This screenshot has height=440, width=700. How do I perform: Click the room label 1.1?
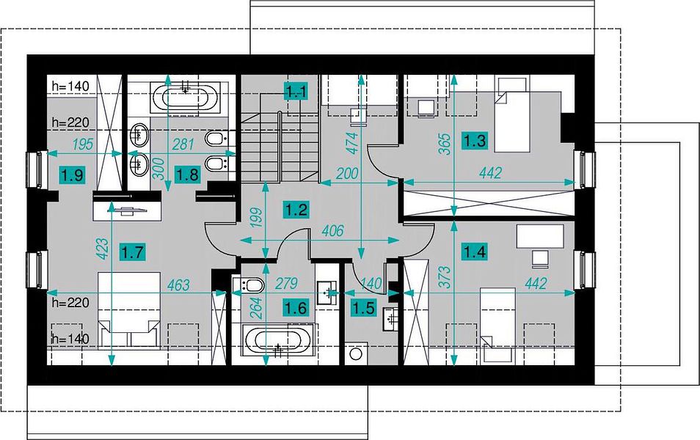(x=297, y=92)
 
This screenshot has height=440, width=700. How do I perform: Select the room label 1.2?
(x=297, y=209)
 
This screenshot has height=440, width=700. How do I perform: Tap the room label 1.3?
(x=475, y=141)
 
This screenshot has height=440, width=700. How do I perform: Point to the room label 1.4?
(x=475, y=252)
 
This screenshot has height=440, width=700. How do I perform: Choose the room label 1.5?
(x=364, y=307)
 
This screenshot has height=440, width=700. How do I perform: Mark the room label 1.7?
(x=133, y=252)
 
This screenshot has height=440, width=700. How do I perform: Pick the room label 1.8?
(x=187, y=174)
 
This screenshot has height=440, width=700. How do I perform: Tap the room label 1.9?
(x=73, y=175)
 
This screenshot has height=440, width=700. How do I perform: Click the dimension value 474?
(x=353, y=143)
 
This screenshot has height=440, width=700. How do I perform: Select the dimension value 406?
(x=332, y=230)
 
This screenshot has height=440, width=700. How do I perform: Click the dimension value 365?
(x=445, y=144)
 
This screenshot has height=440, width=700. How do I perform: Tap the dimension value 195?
(x=83, y=144)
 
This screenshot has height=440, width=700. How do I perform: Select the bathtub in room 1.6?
(x=278, y=340)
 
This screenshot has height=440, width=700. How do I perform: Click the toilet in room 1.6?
(x=249, y=285)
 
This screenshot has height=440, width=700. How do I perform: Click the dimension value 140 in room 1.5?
(x=371, y=283)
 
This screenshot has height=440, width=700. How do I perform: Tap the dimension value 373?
(x=445, y=276)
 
